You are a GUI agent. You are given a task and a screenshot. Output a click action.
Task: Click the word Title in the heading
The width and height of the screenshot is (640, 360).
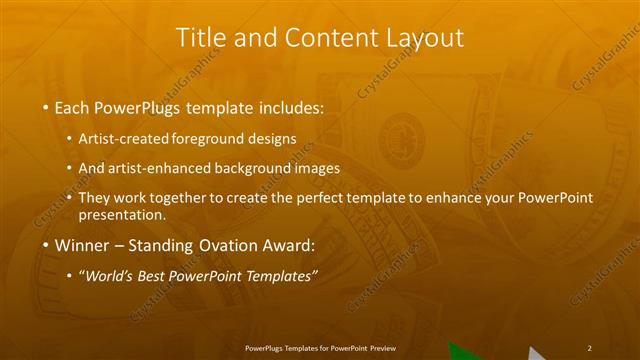(x=198, y=38)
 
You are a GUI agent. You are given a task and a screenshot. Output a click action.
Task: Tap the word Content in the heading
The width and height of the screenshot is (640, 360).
(x=318, y=38)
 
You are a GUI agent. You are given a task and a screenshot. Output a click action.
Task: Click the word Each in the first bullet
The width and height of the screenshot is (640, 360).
(x=75, y=105)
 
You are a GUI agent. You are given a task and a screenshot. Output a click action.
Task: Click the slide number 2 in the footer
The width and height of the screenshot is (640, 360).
(x=590, y=347)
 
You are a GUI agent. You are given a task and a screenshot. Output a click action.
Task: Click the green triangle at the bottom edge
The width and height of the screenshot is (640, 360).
(x=462, y=352)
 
